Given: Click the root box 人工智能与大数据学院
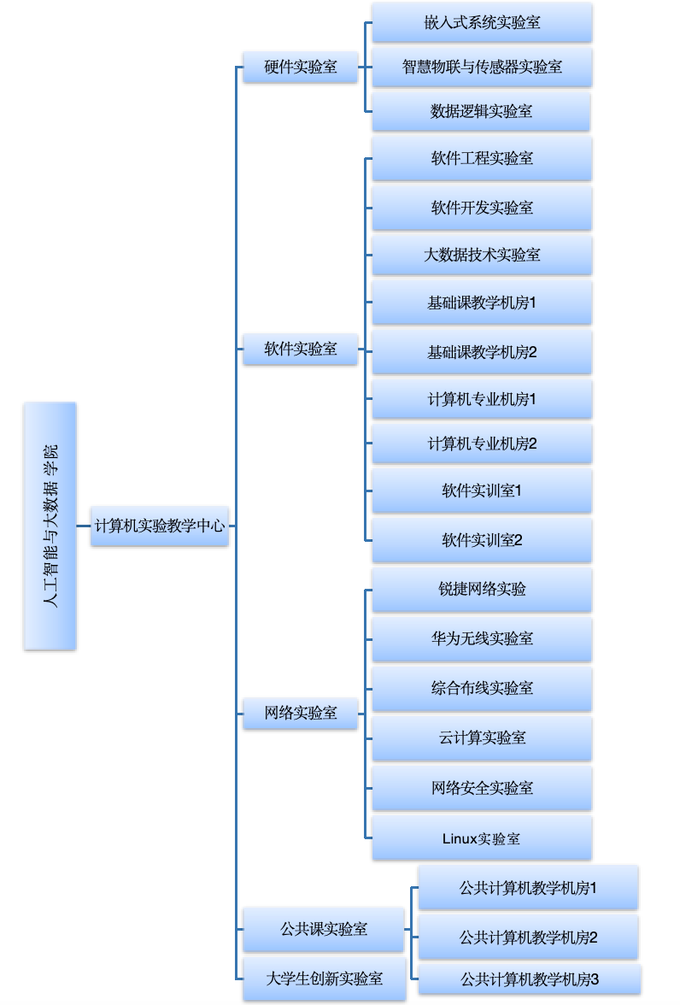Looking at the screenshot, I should tap(50, 526).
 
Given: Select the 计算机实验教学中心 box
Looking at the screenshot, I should tap(160, 526).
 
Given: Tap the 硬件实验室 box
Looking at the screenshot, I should tap(300, 68).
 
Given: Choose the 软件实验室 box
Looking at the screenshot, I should tap(300, 349).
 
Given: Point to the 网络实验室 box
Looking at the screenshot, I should tap(300, 713).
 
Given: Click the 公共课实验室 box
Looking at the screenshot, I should tap(323, 929).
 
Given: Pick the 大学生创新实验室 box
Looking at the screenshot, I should tap(323, 978).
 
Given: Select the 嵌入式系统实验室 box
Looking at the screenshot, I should tap(482, 22).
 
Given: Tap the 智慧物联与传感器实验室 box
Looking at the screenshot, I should tap(482, 67).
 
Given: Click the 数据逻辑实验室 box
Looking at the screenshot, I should tap(482, 111).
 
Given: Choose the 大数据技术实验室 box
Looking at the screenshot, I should tap(482, 255).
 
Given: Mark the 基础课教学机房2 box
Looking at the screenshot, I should tap(482, 351).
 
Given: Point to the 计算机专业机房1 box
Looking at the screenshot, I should tap(482, 399).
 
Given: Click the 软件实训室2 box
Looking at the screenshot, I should tap(482, 540).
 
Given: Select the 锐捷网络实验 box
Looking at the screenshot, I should tap(482, 589).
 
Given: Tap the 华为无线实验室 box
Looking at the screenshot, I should tap(482, 638).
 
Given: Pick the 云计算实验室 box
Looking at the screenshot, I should tap(482, 738).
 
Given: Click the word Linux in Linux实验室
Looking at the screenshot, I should tap(459, 838).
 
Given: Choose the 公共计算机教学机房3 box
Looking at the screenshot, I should tap(530, 979).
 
